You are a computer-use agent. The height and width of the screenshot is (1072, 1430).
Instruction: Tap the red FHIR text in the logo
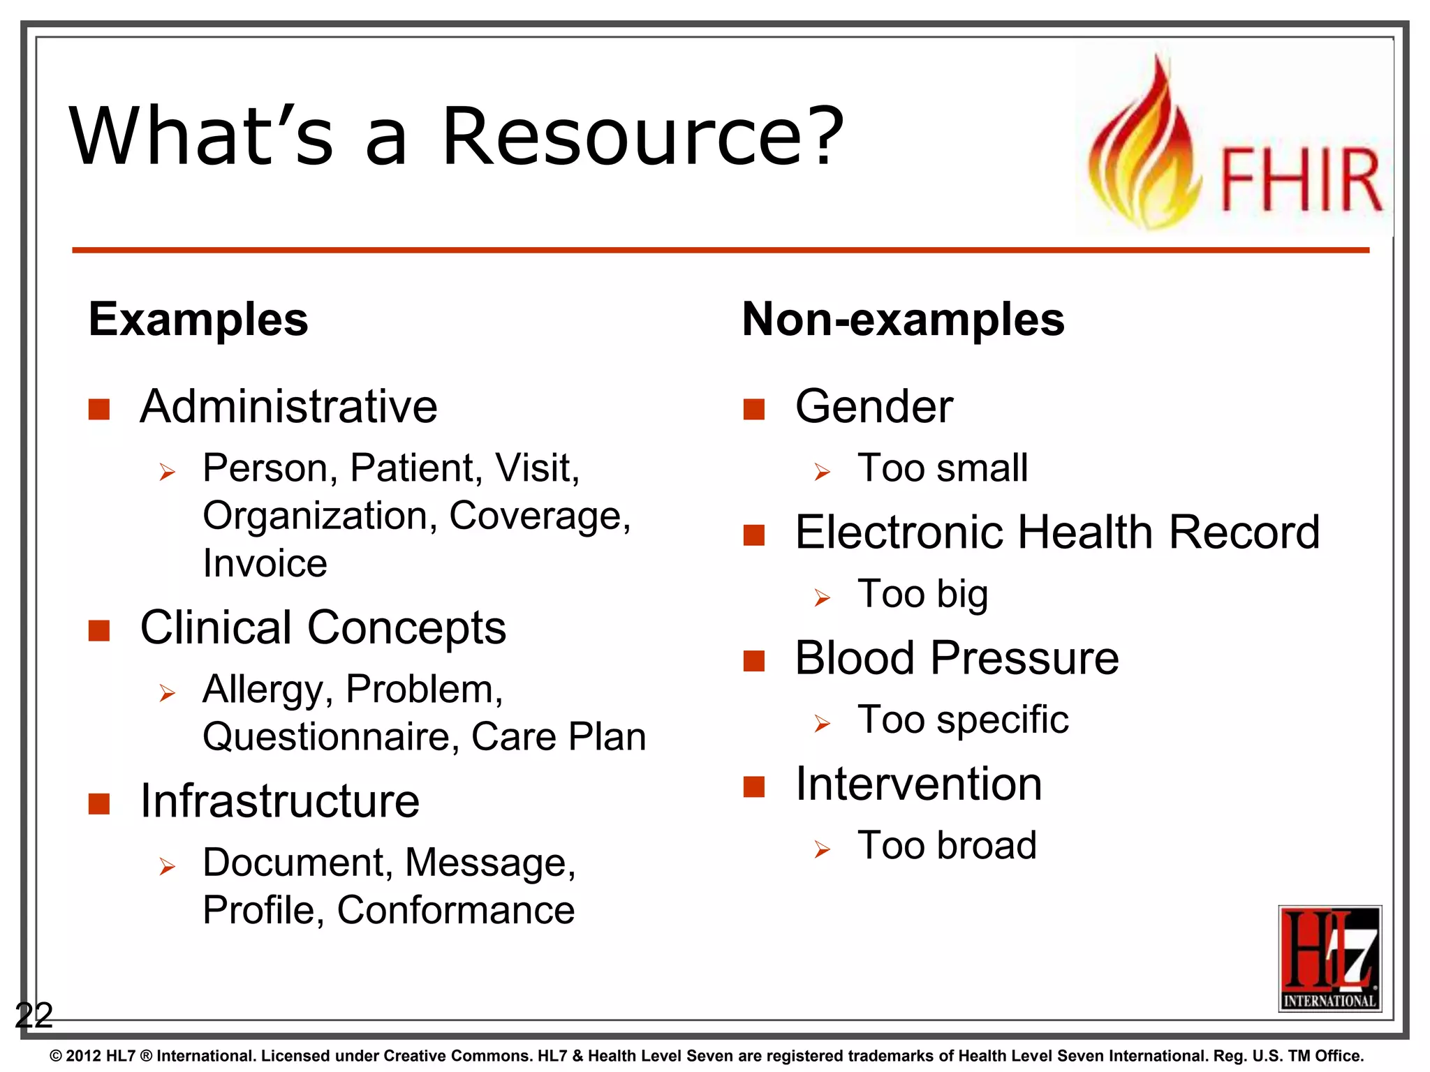click(x=1300, y=180)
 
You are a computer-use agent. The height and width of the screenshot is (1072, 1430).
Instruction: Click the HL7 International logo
click(x=1329, y=958)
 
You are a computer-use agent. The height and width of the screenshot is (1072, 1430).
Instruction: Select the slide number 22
click(x=34, y=1015)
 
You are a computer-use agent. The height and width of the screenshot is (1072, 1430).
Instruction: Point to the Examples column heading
click(x=198, y=320)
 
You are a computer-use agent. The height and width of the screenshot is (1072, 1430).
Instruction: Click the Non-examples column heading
click(x=903, y=320)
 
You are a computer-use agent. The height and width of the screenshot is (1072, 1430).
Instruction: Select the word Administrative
click(x=288, y=406)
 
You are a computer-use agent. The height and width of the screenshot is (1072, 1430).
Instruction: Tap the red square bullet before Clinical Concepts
click(x=99, y=630)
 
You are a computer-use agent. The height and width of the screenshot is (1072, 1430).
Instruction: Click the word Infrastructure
click(x=279, y=801)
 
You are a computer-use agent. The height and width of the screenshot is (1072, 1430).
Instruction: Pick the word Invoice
click(x=265, y=563)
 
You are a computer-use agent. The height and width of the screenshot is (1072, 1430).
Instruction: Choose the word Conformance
click(x=456, y=910)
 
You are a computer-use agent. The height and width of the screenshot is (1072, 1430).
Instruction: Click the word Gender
click(x=874, y=406)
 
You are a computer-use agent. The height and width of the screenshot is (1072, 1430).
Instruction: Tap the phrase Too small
click(x=943, y=468)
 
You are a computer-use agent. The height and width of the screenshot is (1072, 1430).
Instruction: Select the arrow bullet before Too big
click(x=822, y=598)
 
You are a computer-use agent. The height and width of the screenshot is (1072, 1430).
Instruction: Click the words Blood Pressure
click(x=957, y=657)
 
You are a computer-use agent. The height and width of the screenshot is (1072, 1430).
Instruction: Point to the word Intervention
click(x=918, y=784)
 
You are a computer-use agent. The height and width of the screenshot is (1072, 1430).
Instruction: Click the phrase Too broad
click(x=947, y=845)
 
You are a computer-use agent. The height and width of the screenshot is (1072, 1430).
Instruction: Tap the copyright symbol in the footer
click(x=56, y=1056)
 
